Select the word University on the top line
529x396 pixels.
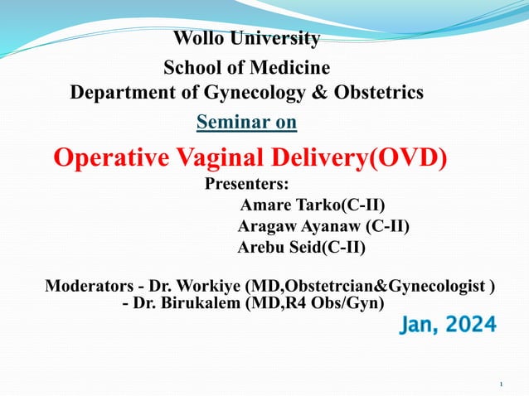tap(275, 38)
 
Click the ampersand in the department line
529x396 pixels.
tap(318, 92)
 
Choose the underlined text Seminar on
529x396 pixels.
tap(246, 123)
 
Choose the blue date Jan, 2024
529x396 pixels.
tap(449, 325)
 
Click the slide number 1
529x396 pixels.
tap(502, 384)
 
